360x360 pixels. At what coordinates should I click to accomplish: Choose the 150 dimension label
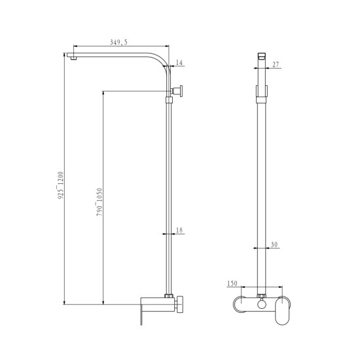click(231, 283)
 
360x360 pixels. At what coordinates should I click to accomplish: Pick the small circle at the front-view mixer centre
click(262, 304)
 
